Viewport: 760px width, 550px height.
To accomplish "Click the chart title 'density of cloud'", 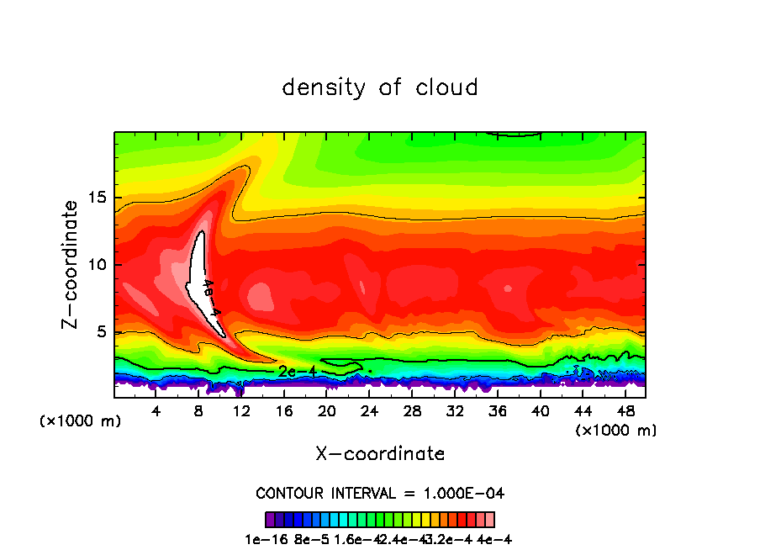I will [x=380, y=87].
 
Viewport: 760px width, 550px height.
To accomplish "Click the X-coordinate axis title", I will [x=380, y=454].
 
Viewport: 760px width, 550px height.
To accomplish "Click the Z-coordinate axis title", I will [x=71, y=263].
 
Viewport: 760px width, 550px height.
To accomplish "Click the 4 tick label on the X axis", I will [x=156, y=412].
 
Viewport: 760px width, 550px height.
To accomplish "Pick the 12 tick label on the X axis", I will [x=241, y=412].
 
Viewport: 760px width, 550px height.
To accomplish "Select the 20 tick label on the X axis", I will [x=327, y=412].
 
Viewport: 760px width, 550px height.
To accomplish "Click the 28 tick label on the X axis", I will [x=412, y=412].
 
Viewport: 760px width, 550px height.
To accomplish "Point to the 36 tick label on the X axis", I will [x=497, y=412].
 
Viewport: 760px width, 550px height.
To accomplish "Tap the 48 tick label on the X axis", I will [x=625, y=412].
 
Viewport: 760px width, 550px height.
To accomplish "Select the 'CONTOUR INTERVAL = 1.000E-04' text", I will [x=380, y=493].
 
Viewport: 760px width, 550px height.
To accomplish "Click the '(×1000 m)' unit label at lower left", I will [x=81, y=421].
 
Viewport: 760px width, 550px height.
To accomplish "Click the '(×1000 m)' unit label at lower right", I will [x=616, y=431].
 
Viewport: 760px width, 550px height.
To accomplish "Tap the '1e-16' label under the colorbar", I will [x=262, y=539].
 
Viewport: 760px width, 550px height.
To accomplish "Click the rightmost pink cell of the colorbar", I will [x=489, y=519].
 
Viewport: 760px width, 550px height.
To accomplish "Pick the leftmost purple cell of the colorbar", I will [x=270, y=519].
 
